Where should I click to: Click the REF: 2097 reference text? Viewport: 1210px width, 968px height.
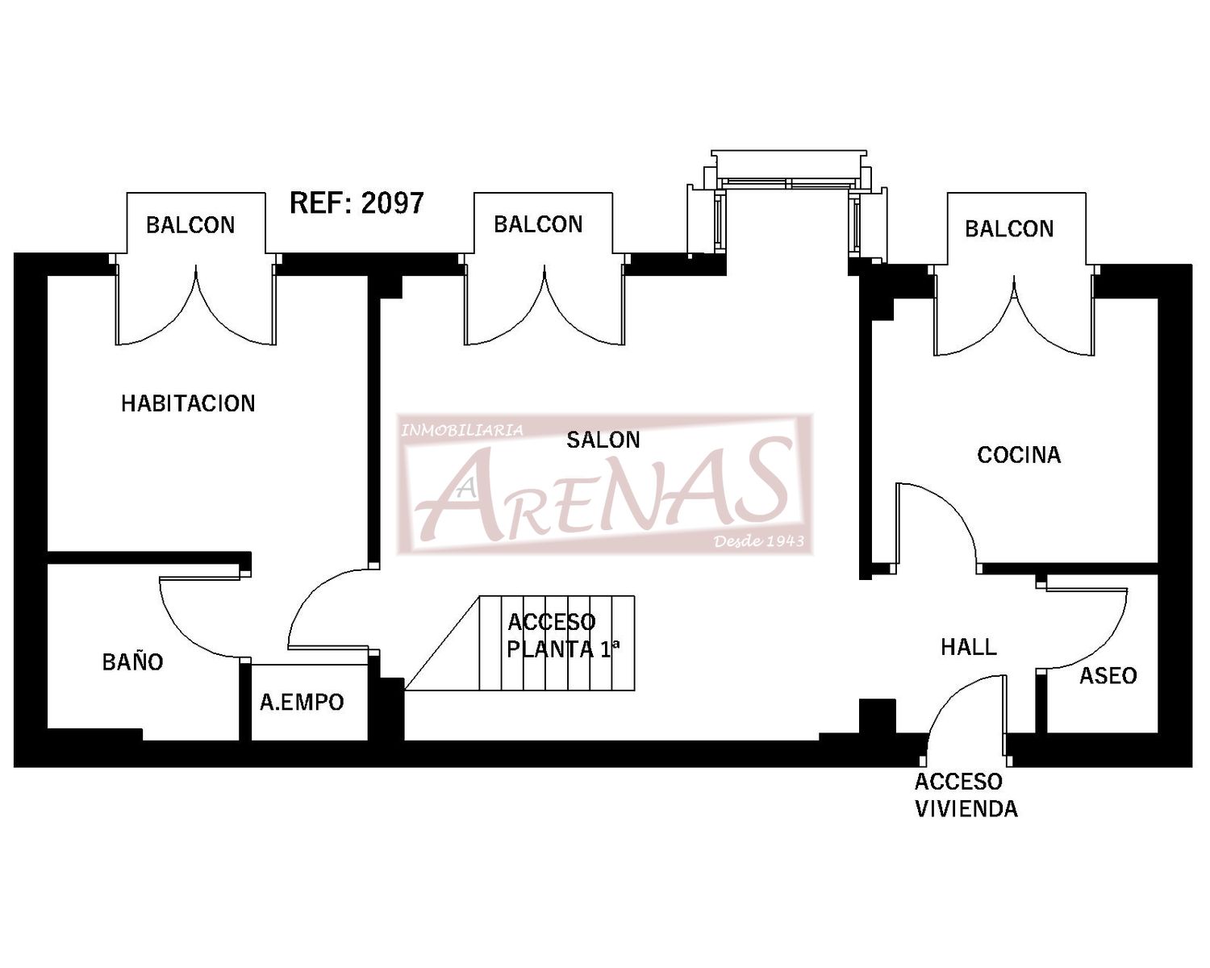(x=357, y=203)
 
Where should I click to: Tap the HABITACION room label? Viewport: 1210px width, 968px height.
(x=189, y=403)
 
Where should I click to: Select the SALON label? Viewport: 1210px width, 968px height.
(x=603, y=440)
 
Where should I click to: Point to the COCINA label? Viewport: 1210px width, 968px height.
(x=1019, y=455)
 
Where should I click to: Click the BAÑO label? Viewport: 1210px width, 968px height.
(x=132, y=661)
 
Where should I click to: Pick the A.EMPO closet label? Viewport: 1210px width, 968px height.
(x=302, y=703)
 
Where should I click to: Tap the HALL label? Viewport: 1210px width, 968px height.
(x=969, y=648)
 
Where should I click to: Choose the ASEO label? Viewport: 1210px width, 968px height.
(x=1108, y=675)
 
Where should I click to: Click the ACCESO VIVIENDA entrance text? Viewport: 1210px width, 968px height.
(x=966, y=795)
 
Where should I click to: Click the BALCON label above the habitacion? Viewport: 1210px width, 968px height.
(x=190, y=225)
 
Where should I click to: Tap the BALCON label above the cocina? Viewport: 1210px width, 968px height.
(x=1009, y=229)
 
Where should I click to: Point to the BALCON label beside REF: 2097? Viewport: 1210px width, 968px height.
(x=538, y=224)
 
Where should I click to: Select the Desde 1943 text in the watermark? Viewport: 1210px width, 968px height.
(x=758, y=541)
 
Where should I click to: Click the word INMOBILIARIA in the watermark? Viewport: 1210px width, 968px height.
(x=461, y=430)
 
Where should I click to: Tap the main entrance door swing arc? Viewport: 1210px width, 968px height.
(x=950, y=698)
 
